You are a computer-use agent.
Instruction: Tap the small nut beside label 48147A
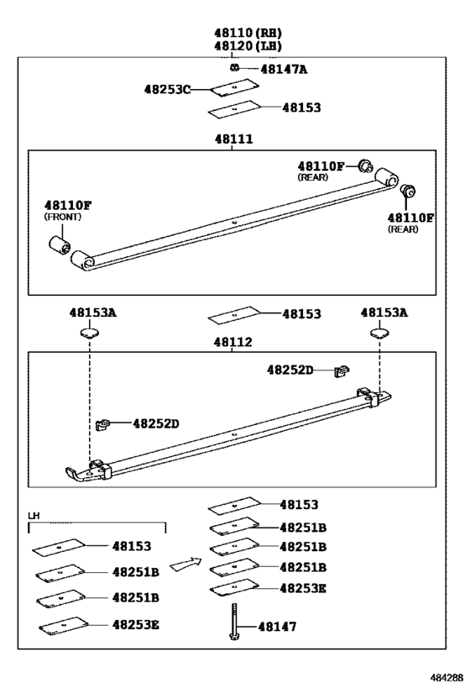click(x=237, y=68)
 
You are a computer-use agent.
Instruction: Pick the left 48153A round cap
click(x=89, y=333)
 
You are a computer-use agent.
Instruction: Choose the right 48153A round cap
click(x=380, y=333)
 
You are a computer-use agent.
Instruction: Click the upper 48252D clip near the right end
click(x=341, y=369)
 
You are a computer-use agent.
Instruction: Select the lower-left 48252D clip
click(x=104, y=424)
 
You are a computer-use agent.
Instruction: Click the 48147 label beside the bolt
click(x=278, y=626)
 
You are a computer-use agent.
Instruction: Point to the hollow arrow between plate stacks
click(x=185, y=565)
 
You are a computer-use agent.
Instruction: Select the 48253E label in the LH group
click(x=137, y=625)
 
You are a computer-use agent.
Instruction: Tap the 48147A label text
click(x=284, y=69)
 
